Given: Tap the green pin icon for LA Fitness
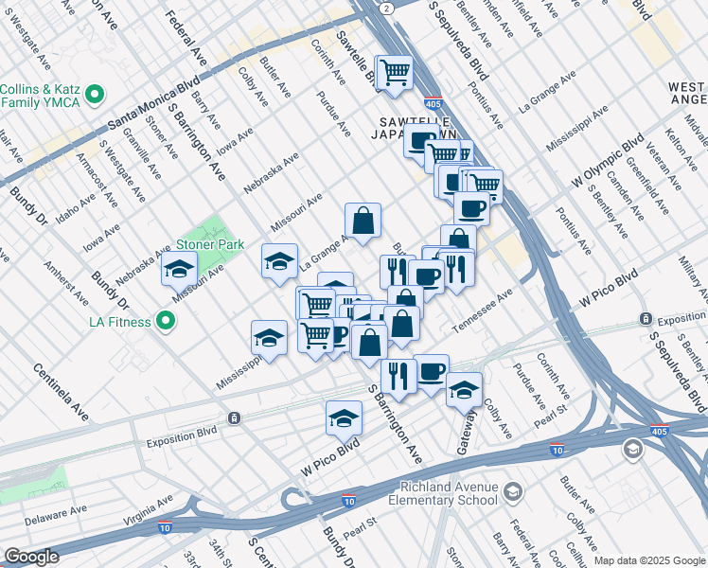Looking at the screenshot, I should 167,322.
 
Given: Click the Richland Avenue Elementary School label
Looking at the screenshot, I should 445,493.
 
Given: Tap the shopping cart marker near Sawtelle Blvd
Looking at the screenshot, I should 396,73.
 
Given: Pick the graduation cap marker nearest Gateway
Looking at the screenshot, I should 464,389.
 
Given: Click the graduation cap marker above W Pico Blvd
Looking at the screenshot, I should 345,417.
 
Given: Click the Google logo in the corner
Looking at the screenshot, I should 31,557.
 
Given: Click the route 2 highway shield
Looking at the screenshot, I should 387,7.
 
